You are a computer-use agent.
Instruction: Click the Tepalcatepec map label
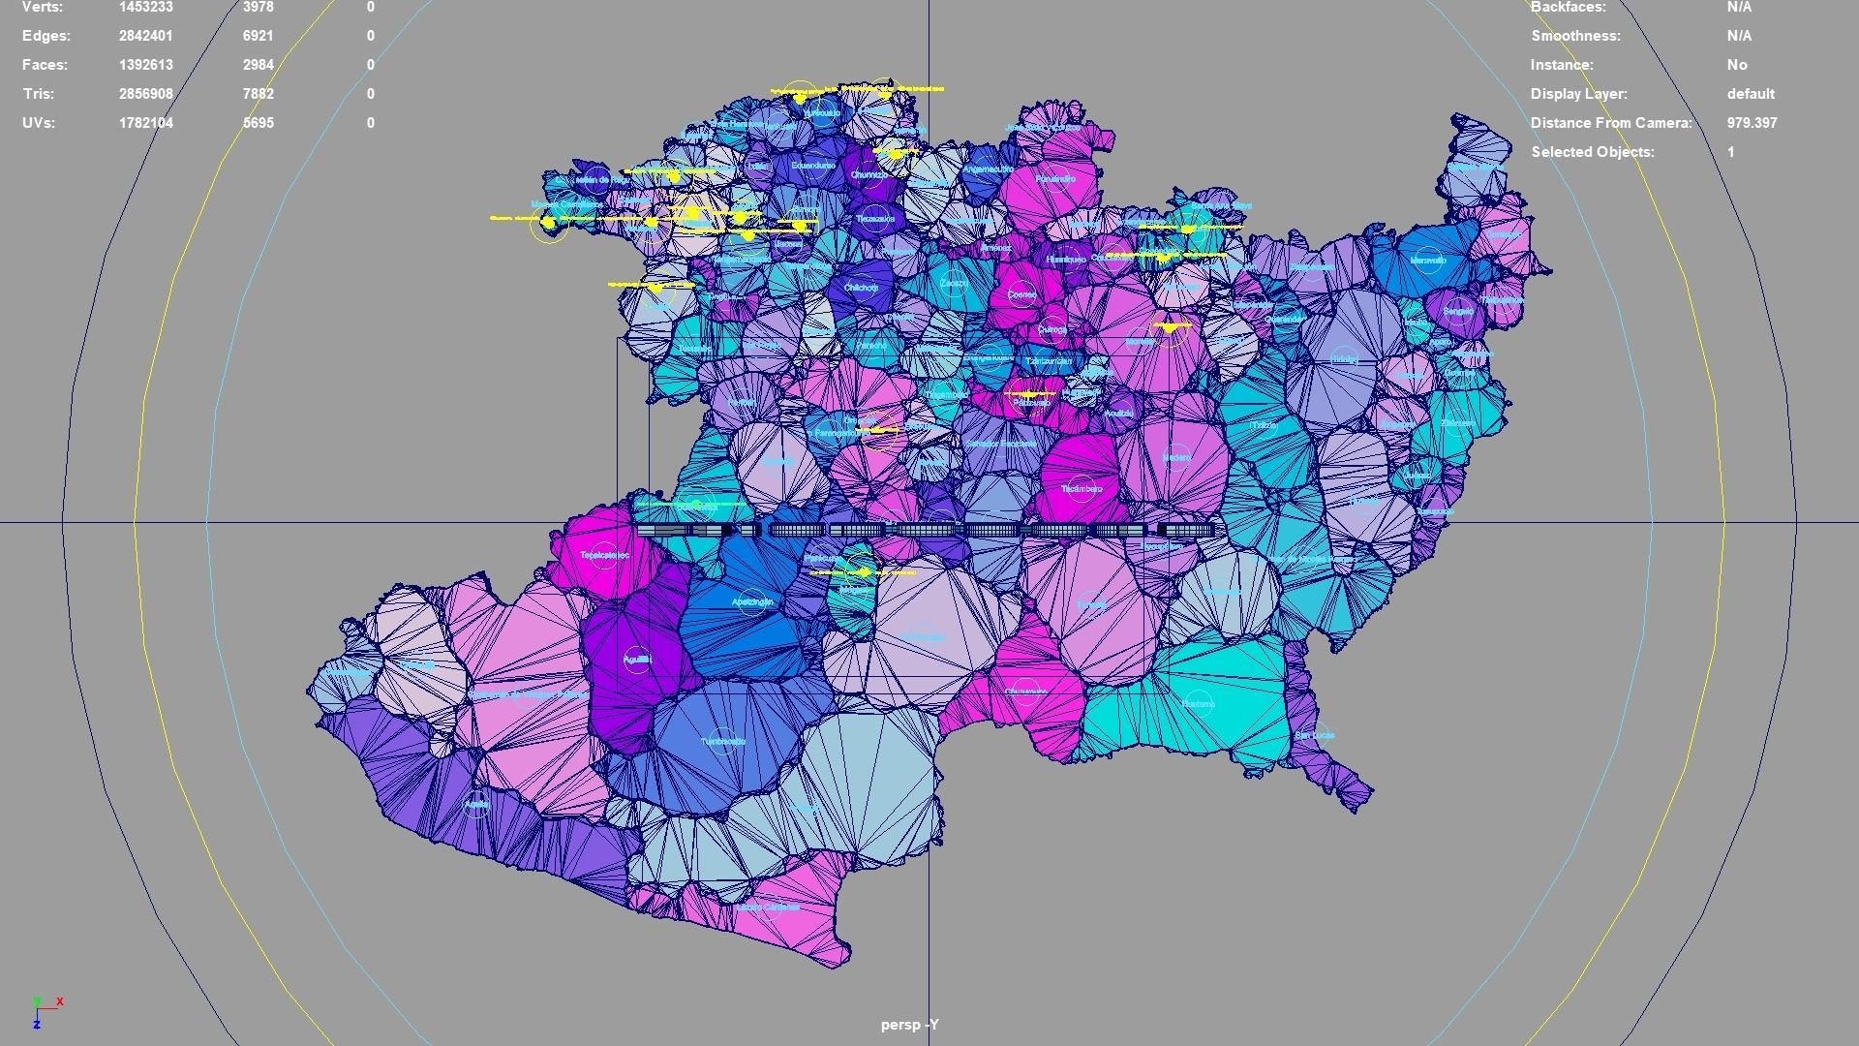click(604, 556)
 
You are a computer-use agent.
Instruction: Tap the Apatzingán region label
click(752, 602)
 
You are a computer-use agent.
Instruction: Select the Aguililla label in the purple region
click(637, 660)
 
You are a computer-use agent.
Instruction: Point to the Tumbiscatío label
click(723, 742)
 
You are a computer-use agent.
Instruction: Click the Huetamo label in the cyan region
click(1198, 704)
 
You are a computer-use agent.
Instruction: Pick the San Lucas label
click(1314, 735)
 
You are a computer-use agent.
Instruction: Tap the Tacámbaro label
click(1081, 489)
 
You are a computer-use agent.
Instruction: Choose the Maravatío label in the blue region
click(1428, 261)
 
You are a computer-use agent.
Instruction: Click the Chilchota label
click(860, 288)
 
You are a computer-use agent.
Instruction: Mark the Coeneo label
click(1021, 294)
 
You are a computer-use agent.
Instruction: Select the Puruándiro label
click(1054, 179)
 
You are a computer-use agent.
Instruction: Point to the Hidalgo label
click(1343, 359)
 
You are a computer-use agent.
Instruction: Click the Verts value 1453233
click(146, 8)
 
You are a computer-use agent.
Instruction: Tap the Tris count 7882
click(259, 94)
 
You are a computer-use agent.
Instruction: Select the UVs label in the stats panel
click(39, 123)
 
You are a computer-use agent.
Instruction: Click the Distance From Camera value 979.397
click(1752, 123)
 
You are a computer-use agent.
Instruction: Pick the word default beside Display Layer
click(1751, 94)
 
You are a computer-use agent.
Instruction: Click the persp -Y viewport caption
click(909, 1025)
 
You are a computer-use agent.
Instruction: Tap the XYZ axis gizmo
click(44, 1010)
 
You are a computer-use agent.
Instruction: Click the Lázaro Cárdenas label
click(767, 908)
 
